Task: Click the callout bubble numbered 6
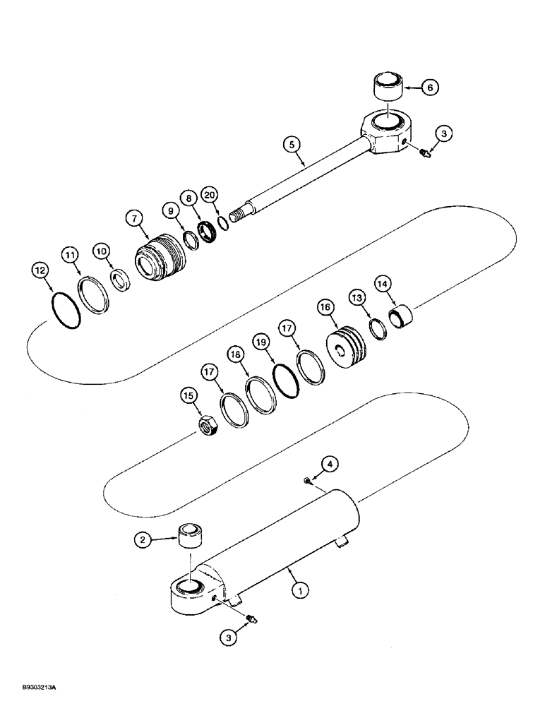tap(430, 88)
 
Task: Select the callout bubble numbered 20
tap(208, 195)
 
